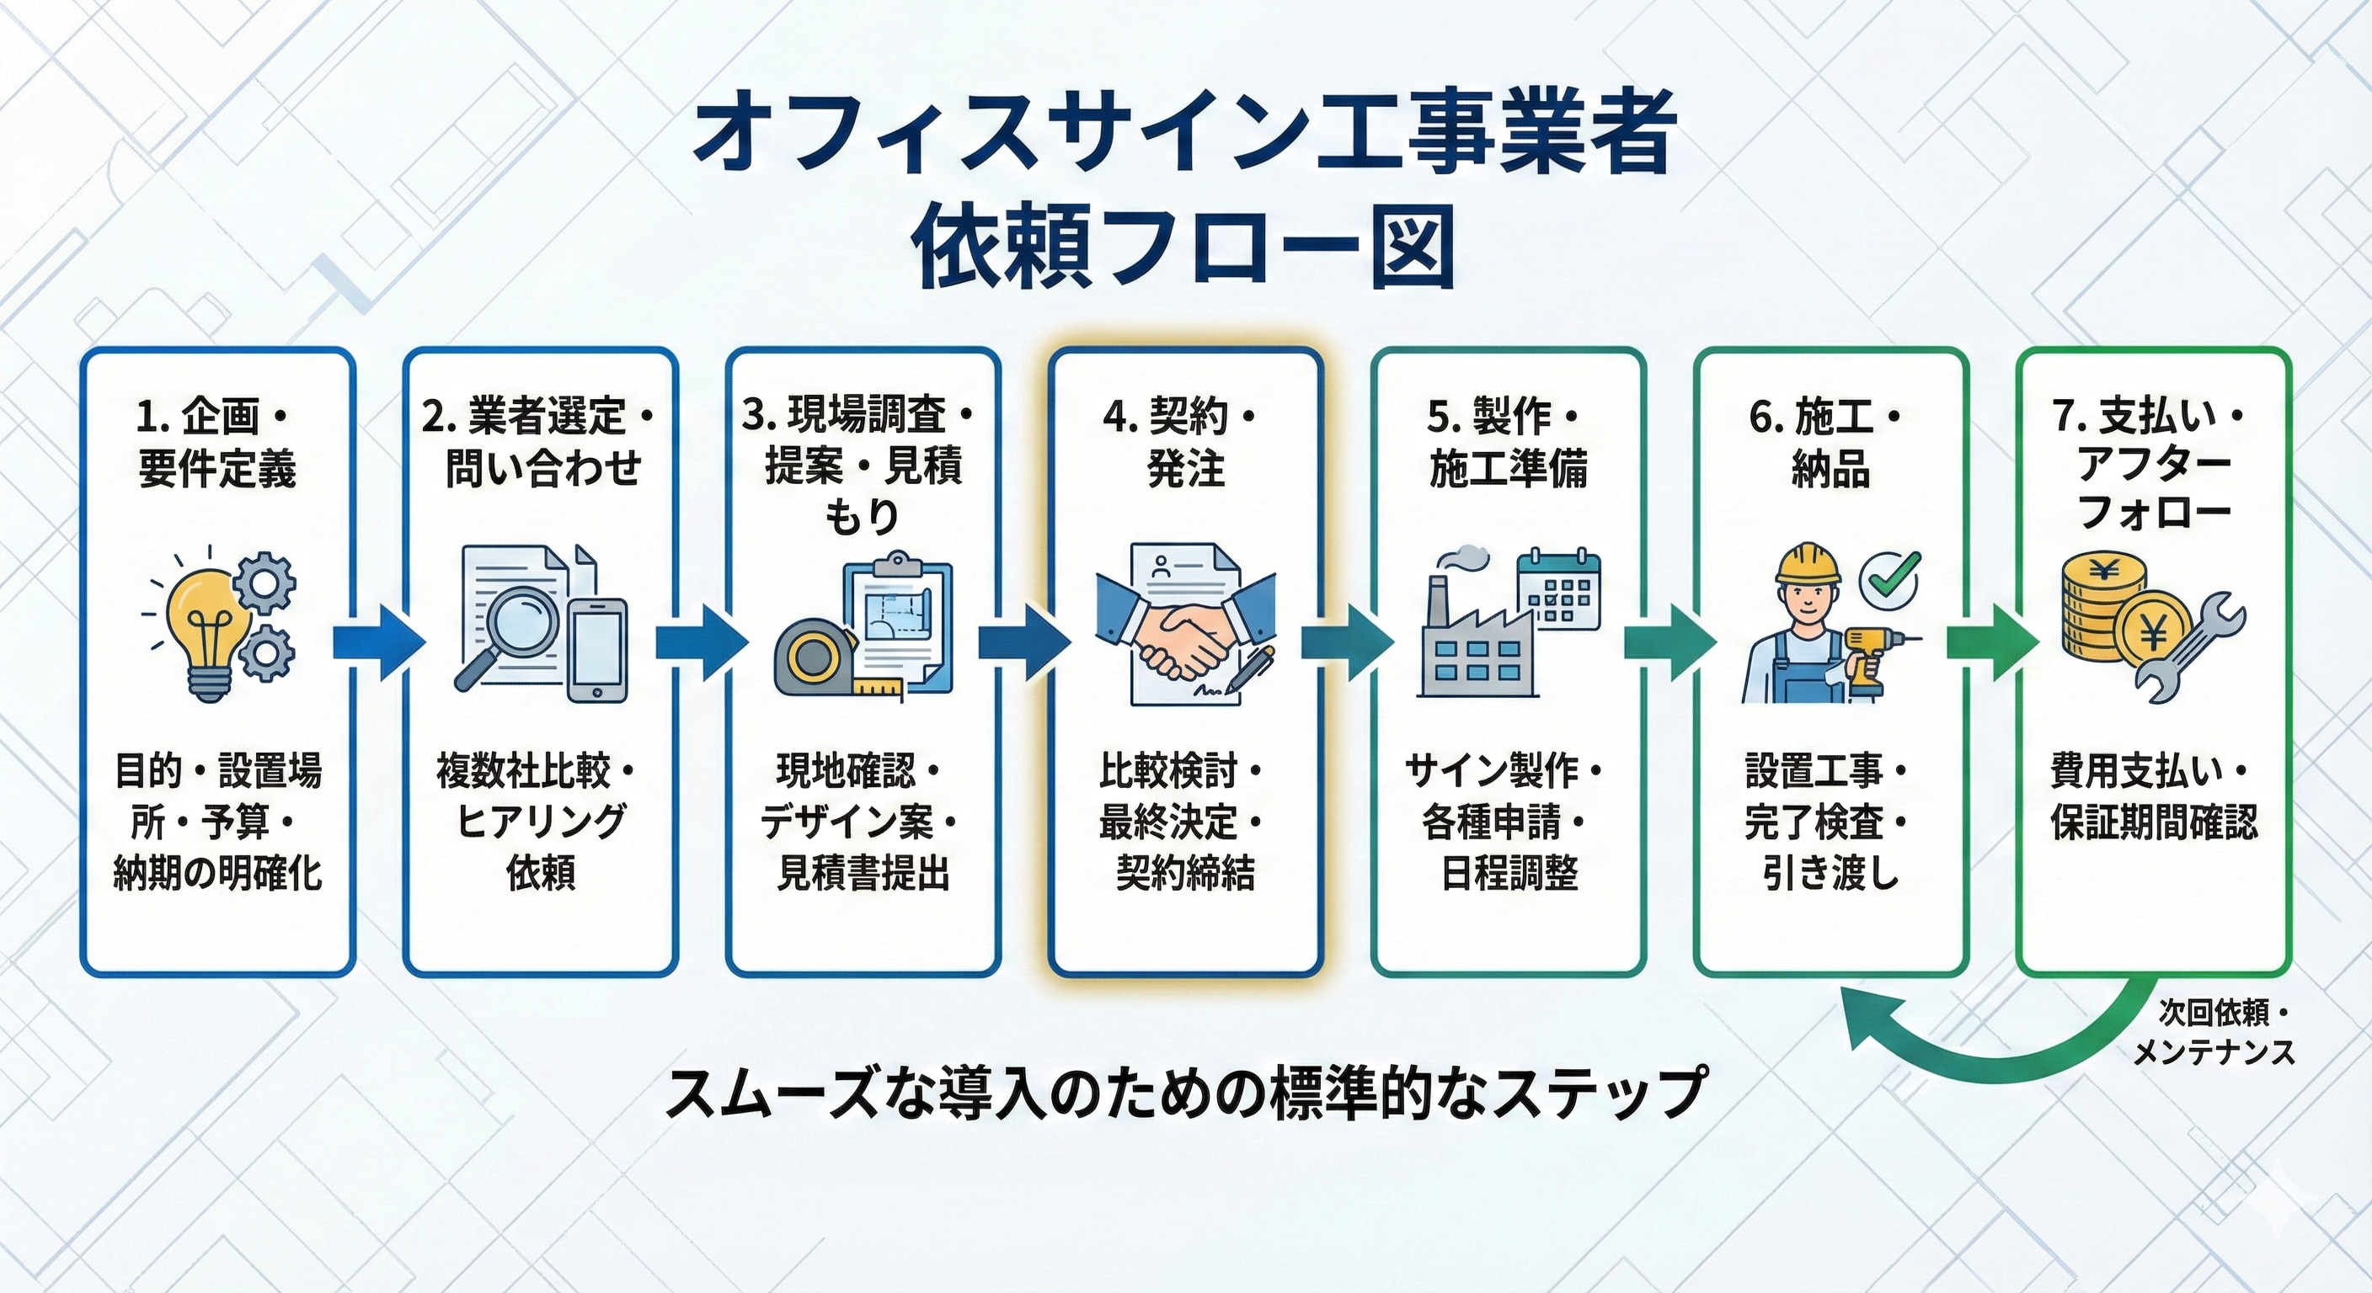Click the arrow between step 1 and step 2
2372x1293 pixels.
pyautogui.click(x=378, y=641)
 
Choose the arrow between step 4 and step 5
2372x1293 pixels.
pyautogui.click(x=1346, y=641)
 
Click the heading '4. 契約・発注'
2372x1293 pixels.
pyautogui.click(x=1185, y=443)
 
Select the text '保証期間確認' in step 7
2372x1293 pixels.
pyautogui.click(x=2154, y=822)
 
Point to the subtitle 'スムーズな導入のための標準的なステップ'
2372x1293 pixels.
pyautogui.click(x=1185, y=1093)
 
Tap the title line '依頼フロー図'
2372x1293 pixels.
pyautogui.click(x=1185, y=247)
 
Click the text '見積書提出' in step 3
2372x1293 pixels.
pyautogui.click(x=863, y=872)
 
